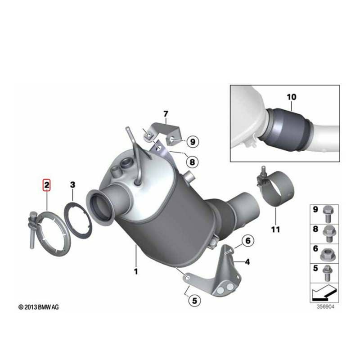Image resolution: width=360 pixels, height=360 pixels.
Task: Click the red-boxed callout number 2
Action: [x=47, y=185]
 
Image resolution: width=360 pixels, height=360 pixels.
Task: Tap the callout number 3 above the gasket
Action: [x=72, y=184]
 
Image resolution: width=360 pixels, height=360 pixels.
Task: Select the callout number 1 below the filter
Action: [x=136, y=271]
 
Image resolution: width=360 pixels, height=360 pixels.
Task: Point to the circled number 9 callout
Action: [x=193, y=142]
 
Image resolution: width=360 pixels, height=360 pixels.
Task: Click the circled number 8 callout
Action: [x=192, y=162]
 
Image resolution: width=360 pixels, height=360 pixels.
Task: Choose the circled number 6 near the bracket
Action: [x=248, y=241]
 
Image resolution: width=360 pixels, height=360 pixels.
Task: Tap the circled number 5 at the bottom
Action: [x=195, y=301]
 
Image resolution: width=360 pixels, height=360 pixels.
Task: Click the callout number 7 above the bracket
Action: [x=166, y=114]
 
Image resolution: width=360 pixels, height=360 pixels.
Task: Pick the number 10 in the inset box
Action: [x=291, y=97]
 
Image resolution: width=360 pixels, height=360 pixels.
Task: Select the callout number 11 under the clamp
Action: [x=275, y=229]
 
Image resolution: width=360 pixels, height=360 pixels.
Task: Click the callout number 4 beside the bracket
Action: [x=247, y=262]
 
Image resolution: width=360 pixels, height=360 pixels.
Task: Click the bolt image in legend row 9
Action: [x=328, y=214]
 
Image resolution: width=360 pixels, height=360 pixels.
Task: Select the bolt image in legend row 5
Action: [x=328, y=273]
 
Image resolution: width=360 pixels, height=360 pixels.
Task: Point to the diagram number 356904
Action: [x=325, y=307]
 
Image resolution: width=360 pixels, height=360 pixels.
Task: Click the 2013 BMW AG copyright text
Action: [x=39, y=307]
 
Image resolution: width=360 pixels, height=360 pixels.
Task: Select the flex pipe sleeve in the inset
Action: [x=288, y=129]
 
